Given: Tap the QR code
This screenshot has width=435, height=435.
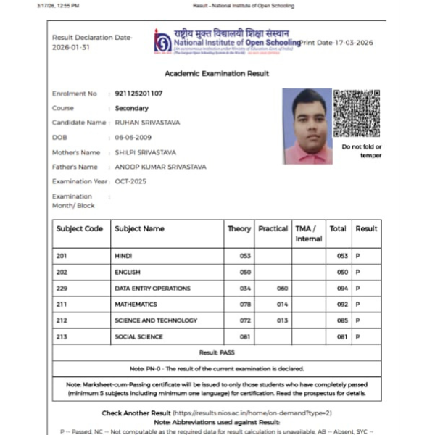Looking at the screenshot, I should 357,113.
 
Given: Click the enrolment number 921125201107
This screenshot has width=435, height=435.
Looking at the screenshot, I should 138,94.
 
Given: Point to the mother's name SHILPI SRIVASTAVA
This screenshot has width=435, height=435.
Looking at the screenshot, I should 147,152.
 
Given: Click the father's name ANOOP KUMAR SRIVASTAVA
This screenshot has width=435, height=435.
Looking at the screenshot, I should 160,167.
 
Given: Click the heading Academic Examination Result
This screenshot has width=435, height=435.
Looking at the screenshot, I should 217,74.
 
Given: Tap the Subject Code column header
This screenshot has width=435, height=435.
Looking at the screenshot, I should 80,228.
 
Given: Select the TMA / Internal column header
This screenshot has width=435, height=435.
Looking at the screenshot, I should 308,233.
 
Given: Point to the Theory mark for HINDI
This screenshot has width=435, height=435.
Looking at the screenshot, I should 245,256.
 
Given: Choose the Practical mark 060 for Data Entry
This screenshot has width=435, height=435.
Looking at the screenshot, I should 282,288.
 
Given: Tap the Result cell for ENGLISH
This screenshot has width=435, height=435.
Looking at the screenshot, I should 358,272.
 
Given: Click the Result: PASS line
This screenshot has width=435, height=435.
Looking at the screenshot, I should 217,352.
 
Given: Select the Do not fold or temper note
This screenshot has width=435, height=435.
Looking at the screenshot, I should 361,151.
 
